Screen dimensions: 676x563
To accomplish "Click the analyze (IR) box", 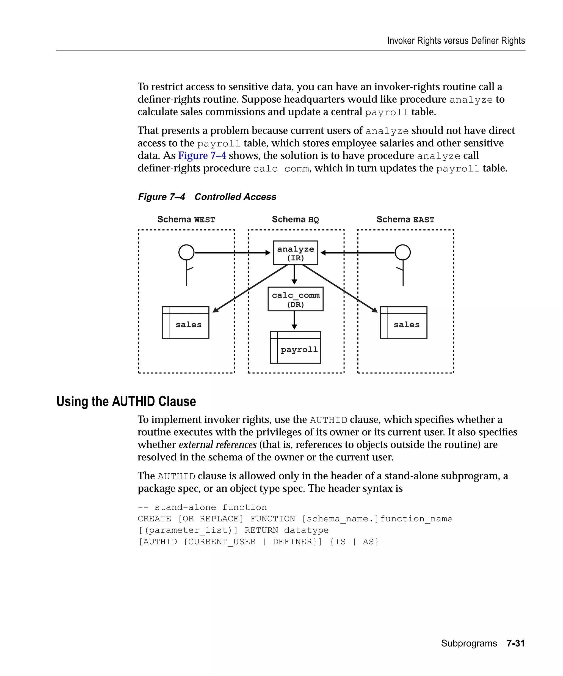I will [x=295, y=253].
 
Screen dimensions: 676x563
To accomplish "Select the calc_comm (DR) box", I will [x=295, y=299].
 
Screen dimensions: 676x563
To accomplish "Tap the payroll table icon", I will [x=295, y=347].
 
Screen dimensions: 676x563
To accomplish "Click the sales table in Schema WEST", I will [x=185, y=322].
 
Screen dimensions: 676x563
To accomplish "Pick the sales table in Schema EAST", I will [x=404, y=322].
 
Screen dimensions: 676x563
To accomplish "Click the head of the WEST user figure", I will [x=186, y=252].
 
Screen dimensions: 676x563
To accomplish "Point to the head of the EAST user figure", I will [x=402, y=252].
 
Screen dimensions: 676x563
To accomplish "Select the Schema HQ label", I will [x=295, y=219].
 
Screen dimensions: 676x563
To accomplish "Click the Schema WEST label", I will [x=186, y=219].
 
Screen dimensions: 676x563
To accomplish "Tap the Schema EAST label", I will [x=405, y=219].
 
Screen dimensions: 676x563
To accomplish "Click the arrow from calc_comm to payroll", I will [x=294, y=321].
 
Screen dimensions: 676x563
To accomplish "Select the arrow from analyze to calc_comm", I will [x=294, y=274].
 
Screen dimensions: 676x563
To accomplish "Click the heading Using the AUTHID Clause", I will [x=126, y=402].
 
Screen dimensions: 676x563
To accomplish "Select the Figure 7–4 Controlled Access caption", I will [x=207, y=197].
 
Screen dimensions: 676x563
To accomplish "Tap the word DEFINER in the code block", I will [x=292, y=542].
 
